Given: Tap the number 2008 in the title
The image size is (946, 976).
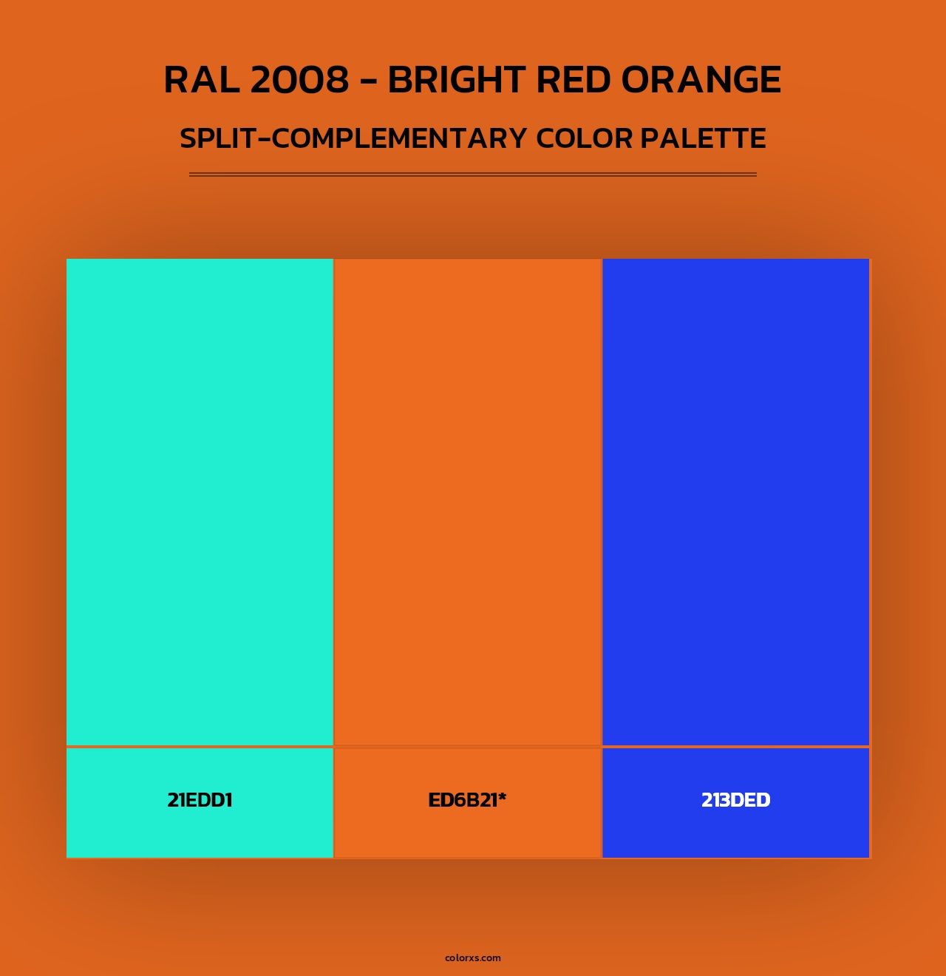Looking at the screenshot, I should [299, 80].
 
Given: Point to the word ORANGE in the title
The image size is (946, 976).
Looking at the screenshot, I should [701, 80].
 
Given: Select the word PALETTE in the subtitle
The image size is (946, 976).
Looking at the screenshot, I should [703, 138].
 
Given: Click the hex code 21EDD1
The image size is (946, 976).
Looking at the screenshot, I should [200, 800].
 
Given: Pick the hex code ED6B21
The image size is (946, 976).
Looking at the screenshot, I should [463, 800].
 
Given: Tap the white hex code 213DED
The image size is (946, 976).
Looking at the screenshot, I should [735, 800].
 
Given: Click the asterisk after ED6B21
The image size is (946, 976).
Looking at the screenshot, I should [502, 796].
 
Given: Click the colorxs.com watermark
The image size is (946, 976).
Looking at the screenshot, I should [473, 958].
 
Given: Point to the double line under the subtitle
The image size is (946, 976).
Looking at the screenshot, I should [473, 174].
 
